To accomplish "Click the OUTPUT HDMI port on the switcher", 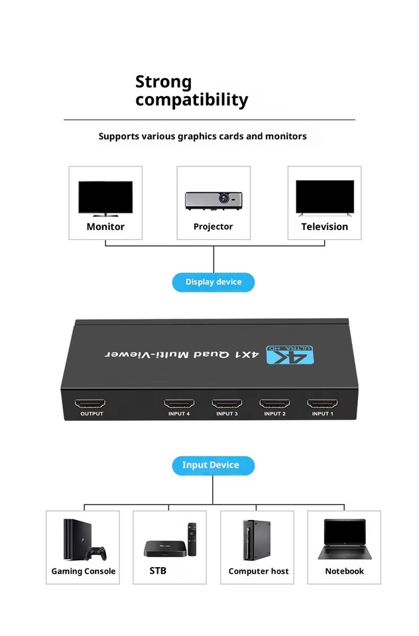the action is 90,403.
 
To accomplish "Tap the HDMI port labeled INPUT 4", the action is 179,403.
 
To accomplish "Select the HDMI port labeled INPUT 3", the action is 227,403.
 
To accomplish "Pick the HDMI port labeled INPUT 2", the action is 275,403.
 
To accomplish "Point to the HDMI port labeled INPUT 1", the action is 322,403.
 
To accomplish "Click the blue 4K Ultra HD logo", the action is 290,354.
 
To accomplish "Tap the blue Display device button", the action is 213,282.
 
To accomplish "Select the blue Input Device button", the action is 213,466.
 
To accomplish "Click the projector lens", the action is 223,198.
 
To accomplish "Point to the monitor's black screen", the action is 105,197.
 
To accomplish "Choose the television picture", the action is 325,197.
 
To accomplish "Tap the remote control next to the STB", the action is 192,539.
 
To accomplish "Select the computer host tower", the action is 257,541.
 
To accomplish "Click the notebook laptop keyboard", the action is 345,551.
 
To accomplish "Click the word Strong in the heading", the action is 164,82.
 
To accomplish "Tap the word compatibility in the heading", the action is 192,100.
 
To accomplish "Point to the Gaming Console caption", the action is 84,572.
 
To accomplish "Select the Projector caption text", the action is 213,227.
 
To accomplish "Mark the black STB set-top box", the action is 165,549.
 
